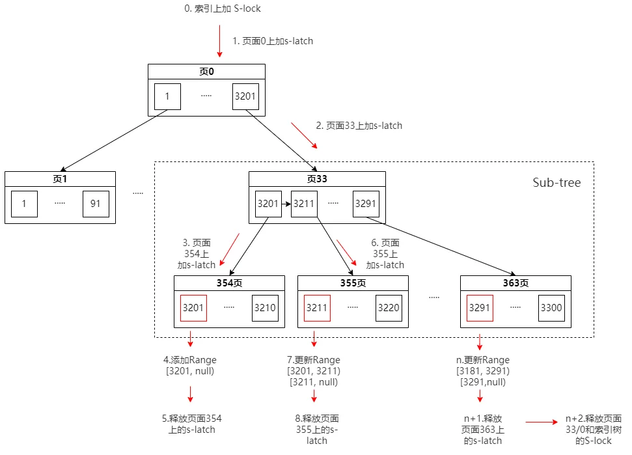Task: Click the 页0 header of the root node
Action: pyautogui.click(x=206, y=72)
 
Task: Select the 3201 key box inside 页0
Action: pyautogui.click(x=245, y=96)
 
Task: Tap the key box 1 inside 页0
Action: pyautogui.click(x=167, y=96)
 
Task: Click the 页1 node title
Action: pyautogui.click(x=60, y=179)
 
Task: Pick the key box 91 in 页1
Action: pyautogui.click(x=96, y=204)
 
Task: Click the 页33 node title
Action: pyautogui.click(x=317, y=179)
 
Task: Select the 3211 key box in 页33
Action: pyautogui.click(x=304, y=204)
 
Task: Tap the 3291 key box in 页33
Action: pyautogui.click(x=366, y=204)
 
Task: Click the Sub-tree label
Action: pyautogui.click(x=556, y=182)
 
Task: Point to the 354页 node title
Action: pyautogui.click(x=229, y=283)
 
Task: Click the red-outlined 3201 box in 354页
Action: pyautogui.click(x=193, y=308)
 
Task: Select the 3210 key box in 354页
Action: pyautogui.click(x=265, y=308)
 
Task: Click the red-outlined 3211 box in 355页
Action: pyautogui.click(x=317, y=308)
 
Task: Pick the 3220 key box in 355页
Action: pyautogui.click(x=389, y=308)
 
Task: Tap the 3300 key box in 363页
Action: pyautogui.click(x=551, y=308)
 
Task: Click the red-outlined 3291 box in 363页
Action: pyautogui.click(x=480, y=308)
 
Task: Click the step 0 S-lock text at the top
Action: pyautogui.click(x=223, y=8)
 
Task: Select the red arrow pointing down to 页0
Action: pyautogui.click(x=219, y=41)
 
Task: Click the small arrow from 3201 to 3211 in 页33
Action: pyautogui.click(x=286, y=204)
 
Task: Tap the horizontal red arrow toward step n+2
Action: pyautogui.click(x=542, y=422)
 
